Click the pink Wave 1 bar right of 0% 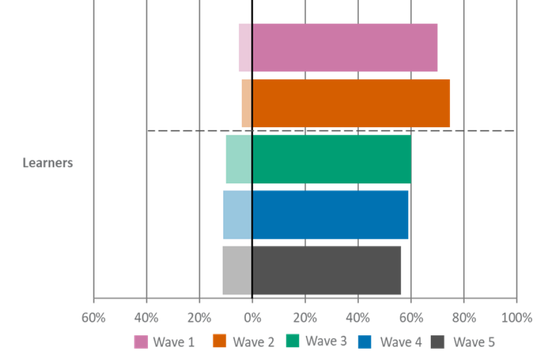coord(345,48)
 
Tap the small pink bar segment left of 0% coord(245,48)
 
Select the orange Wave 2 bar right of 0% coord(351,103)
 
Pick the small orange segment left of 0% coord(246,103)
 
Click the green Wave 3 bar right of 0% coord(332,159)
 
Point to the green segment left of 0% coord(238,159)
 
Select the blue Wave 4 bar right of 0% coord(330,215)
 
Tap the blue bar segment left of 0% coord(236,215)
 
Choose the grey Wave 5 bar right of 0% coord(327,270)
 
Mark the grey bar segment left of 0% coord(236,270)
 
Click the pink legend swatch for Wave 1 coord(141,341)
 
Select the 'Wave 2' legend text coord(253,341)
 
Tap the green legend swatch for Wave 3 coord(293,341)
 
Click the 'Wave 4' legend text coord(400,341)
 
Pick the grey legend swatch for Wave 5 coord(437,341)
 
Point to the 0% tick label coord(252,318)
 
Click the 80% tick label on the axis coord(463,318)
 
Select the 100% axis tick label coord(516,318)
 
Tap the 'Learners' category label coord(48,163)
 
